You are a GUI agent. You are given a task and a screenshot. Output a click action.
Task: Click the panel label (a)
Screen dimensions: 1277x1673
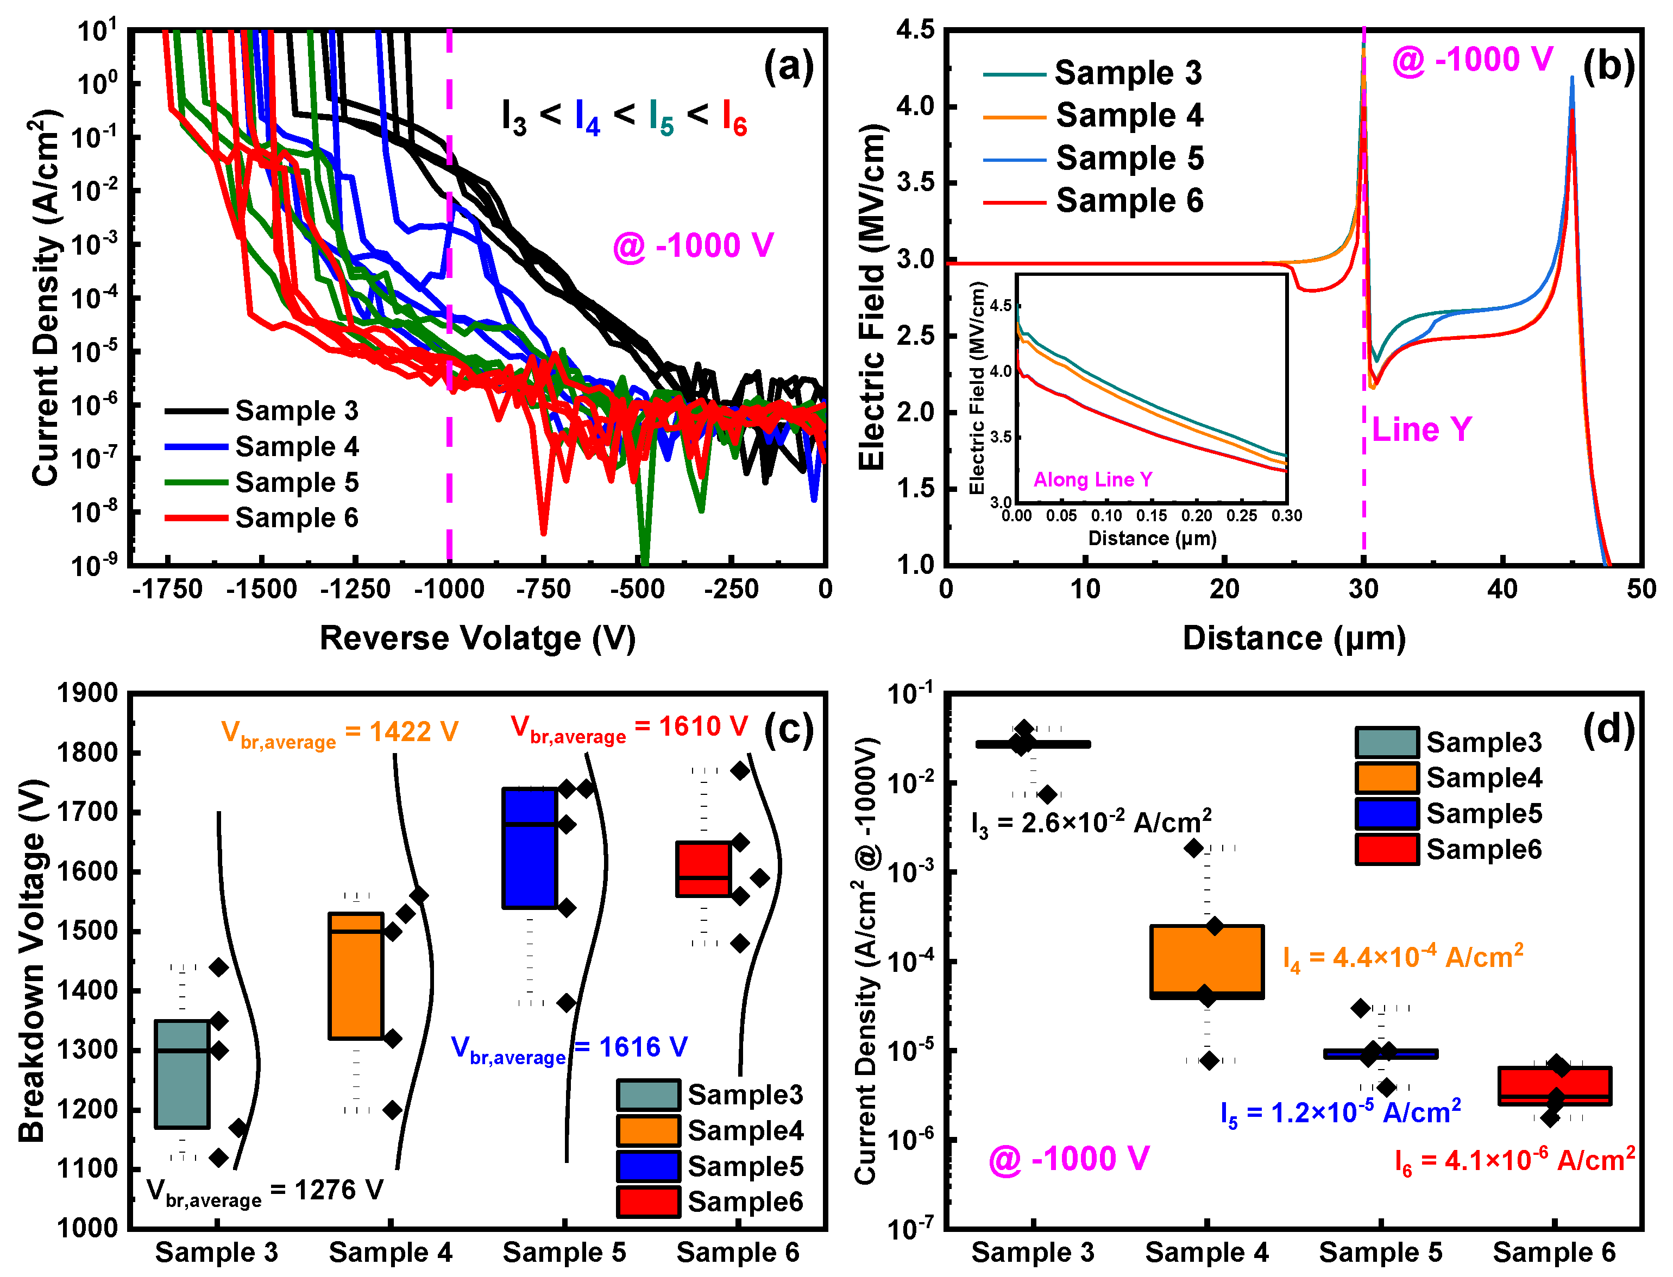point(789,66)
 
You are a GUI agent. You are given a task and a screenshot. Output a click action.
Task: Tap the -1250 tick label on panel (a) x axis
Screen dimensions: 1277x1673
point(355,589)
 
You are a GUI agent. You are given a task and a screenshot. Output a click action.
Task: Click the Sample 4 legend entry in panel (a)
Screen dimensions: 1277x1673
point(296,446)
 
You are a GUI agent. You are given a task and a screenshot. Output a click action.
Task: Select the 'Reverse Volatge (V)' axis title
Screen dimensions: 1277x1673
point(477,638)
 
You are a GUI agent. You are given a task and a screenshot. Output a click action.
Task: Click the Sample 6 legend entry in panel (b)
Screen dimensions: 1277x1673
point(1129,201)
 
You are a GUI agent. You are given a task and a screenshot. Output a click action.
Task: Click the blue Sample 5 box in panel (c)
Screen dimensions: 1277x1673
point(530,848)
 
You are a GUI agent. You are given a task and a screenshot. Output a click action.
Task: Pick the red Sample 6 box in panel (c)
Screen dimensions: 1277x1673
point(703,869)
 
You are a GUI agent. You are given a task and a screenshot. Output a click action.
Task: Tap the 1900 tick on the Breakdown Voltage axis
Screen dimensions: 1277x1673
point(87,693)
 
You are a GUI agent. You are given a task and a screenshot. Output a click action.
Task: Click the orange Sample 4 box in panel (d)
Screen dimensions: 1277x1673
point(1207,962)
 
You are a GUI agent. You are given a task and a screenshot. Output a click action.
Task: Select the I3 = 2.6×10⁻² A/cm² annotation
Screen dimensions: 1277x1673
point(1091,823)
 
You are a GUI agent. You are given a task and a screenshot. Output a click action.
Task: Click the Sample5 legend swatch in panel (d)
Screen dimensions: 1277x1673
point(1386,813)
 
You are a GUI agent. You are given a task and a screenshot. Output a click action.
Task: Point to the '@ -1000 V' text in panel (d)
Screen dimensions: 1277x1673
point(1068,1159)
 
